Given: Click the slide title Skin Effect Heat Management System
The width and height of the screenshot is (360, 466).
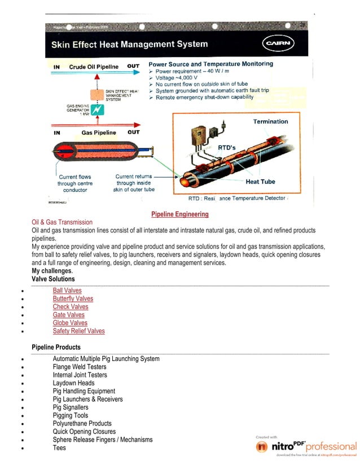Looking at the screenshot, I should click(x=130, y=44).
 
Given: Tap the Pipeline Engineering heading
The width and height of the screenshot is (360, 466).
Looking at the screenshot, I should click(x=180, y=214).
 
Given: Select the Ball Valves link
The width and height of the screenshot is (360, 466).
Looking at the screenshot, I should click(x=67, y=291).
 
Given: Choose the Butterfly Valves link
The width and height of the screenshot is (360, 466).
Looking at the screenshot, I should click(x=73, y=298).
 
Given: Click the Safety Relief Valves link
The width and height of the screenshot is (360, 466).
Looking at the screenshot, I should click(x=78, y=331).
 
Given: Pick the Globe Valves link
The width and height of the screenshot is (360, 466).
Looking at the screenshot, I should click(x=70, y=323).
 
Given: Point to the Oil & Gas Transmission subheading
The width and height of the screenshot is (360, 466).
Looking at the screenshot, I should click(x=62, y=222).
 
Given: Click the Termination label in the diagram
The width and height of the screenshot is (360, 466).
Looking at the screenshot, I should click(x=270, y=121).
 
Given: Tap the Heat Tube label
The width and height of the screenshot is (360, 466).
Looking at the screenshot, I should click(x=260, y=182).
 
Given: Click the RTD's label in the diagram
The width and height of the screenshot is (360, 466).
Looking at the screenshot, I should click(x=226, y=147).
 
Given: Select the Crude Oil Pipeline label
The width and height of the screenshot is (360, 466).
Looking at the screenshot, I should click(x=94, y=67).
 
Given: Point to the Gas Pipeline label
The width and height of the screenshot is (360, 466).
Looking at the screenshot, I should click(x=99, y=133).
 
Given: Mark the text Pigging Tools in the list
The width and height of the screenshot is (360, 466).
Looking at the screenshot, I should click(x=71, y=415).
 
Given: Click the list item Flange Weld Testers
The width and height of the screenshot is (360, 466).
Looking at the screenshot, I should click(x=80, y=367).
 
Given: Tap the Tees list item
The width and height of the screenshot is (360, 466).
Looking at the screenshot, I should click(x=59, y=448).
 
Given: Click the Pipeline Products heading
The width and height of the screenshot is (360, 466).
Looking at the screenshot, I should click(x=56, y=347).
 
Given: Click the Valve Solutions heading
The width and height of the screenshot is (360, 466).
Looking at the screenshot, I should click(x=53, y=279).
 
